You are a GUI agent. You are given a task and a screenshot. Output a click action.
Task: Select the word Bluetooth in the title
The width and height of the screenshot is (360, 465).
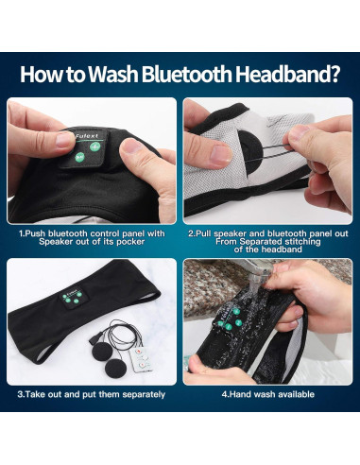coord(190,75)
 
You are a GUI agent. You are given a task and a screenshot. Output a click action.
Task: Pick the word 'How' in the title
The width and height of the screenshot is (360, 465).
coord(41,75)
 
